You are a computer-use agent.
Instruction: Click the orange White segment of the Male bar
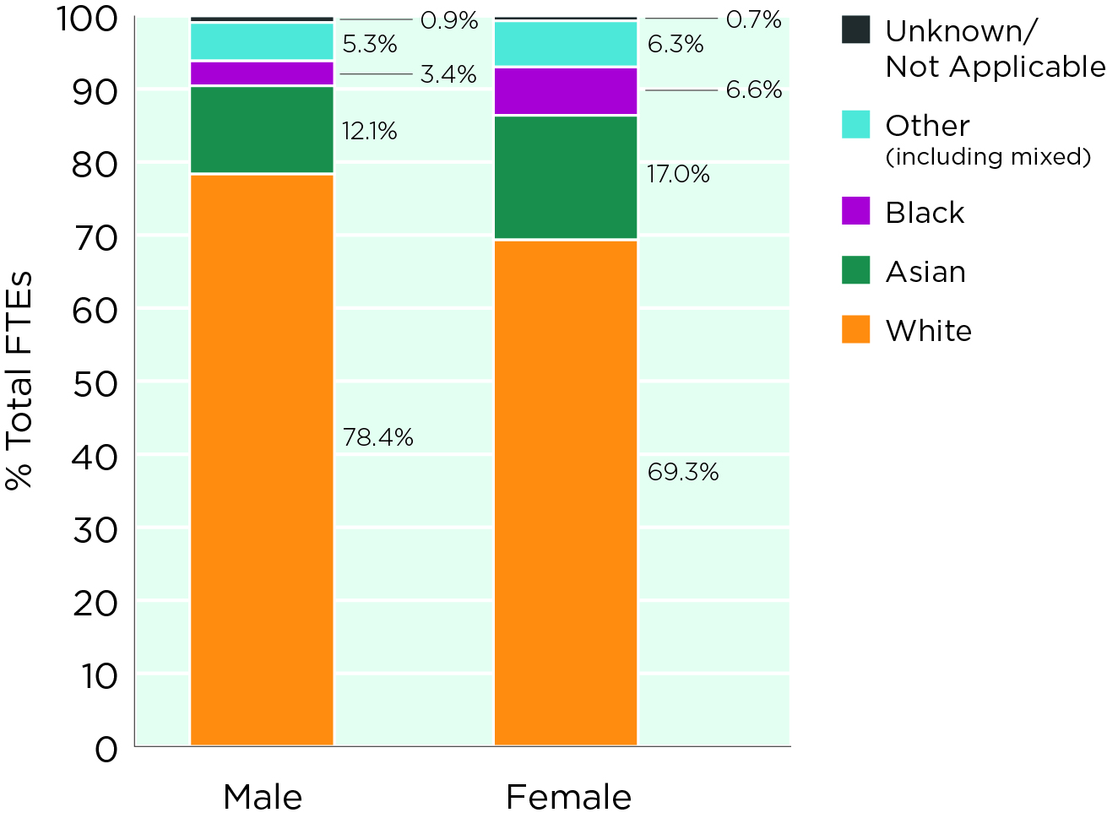click(262, 460)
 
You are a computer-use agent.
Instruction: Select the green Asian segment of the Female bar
click(565, 178)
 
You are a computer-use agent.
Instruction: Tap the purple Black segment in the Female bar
click(565, 91)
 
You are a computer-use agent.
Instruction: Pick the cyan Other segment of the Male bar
click(262, 42)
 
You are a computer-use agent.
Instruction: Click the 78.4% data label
click(377, 437)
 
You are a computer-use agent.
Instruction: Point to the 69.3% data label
click(682, 472)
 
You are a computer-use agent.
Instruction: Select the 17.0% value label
click(678, 175)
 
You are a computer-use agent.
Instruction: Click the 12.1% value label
click(369, 131)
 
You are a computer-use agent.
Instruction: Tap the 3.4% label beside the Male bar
click(448, 75)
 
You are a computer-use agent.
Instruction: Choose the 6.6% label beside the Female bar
click(754, 90)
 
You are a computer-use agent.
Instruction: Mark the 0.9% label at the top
click(449, 20)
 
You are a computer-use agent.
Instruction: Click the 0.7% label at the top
click(754, 19)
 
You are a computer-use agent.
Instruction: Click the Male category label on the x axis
click(263, 797)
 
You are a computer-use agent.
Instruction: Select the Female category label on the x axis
click(568, 797)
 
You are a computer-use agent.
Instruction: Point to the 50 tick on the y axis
click(95, 384)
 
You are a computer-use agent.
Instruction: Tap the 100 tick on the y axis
click(86, 19)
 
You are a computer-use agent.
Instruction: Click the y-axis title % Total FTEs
click(19, 380)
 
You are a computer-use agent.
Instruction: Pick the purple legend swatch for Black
click(855, 211)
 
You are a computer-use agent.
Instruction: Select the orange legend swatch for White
click(855, 329)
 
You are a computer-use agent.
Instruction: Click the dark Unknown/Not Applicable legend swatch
click(855, 30)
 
